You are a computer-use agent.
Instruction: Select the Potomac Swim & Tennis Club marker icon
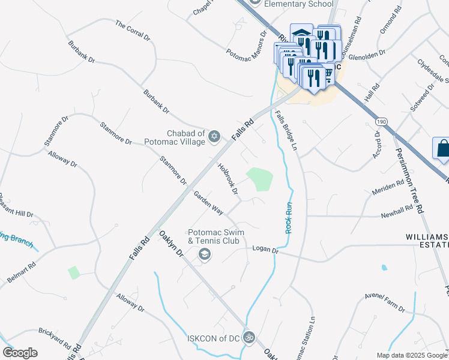coord(205,256)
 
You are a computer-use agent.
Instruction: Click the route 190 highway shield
coord(382,122)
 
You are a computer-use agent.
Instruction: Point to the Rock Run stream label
coord(289,218)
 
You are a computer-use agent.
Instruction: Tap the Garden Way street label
coord(208,203)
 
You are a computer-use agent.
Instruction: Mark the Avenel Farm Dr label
coord(385,303)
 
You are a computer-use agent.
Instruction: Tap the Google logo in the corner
coord(20,353)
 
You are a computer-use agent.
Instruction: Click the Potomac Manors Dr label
coord(246,46)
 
